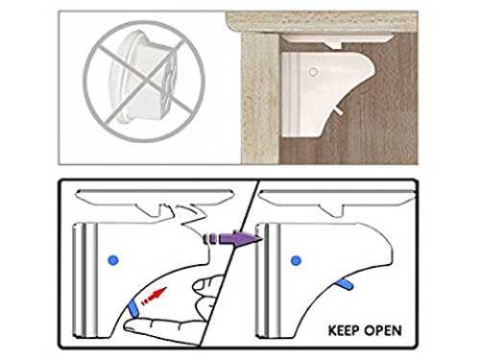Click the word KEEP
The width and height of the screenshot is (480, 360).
(344, 330)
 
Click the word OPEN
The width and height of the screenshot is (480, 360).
(383, 330)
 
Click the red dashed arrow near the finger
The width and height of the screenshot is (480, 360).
(155, 297)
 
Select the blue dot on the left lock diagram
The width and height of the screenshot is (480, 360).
(113, 260)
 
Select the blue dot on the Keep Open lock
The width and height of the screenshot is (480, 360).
(296, 260)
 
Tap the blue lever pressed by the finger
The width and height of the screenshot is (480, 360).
(132, 309)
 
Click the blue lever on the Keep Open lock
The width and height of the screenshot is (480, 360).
(345, 284)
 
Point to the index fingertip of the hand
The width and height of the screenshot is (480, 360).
(129, 326)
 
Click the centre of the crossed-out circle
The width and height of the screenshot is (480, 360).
(144, 82)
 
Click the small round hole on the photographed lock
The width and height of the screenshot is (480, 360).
(313, 72)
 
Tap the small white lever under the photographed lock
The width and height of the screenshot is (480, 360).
(339, 110)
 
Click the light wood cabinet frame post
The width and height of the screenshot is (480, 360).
(260, 98)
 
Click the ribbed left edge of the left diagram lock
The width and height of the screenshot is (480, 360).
(84, 280)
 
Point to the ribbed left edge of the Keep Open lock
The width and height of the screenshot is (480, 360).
(268, 280)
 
